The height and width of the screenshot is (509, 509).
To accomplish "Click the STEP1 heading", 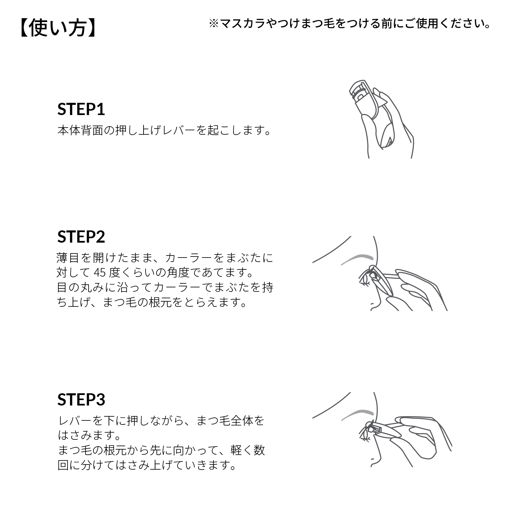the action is pyautogui.click(x=81, y=109).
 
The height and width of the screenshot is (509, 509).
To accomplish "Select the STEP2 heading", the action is pyautogui.click(x=81, y=237).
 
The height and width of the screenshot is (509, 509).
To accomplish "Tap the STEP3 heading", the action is pyautogui.click(x=81, y=399).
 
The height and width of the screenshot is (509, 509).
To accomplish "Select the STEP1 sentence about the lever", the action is pyautogui.click(x=165, y=130).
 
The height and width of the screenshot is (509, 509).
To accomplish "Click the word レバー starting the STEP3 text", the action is pyautogui.click(x=75, y=421).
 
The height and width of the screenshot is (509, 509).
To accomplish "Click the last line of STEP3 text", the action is pyautogui.click(x=148, y=465).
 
